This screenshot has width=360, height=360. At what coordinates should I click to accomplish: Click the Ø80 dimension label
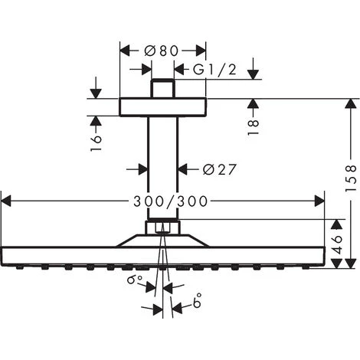click(163, 51)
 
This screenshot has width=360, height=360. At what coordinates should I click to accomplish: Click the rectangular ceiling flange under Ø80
click(163, 106)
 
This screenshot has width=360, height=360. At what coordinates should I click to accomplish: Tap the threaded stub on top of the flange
click(163, 88)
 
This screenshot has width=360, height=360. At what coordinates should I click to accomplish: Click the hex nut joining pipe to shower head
click(163, 227)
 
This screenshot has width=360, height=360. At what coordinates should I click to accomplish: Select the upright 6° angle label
click(198, 304)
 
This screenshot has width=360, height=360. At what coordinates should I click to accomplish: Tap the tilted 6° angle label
click(136, 283)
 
